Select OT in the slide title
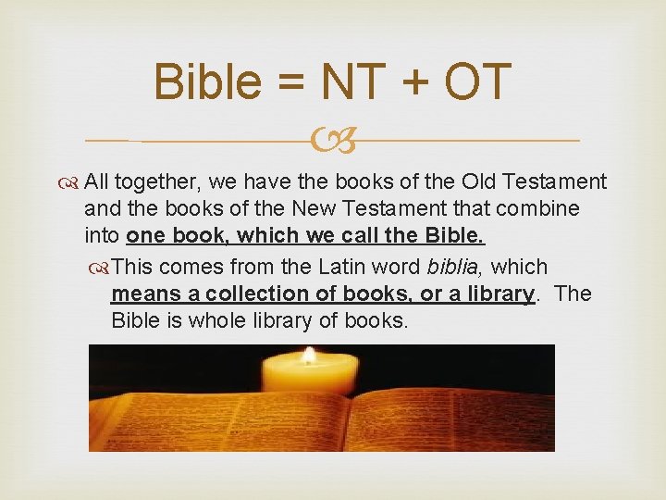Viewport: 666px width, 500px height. tap(477, 81)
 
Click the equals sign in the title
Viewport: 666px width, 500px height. tap(294, 83)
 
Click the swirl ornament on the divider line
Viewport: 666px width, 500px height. tap(332, 142)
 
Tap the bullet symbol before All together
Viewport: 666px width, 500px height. tap(71, 181)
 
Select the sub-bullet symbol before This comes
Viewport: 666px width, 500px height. tap(100, 268)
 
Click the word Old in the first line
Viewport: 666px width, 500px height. tap(483, 181)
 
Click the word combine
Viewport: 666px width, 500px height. tap(547, 209)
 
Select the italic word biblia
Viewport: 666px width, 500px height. tap(454, 268)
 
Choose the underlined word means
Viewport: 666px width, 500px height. tap(147, 294)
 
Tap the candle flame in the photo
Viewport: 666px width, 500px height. tap(308, 355)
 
